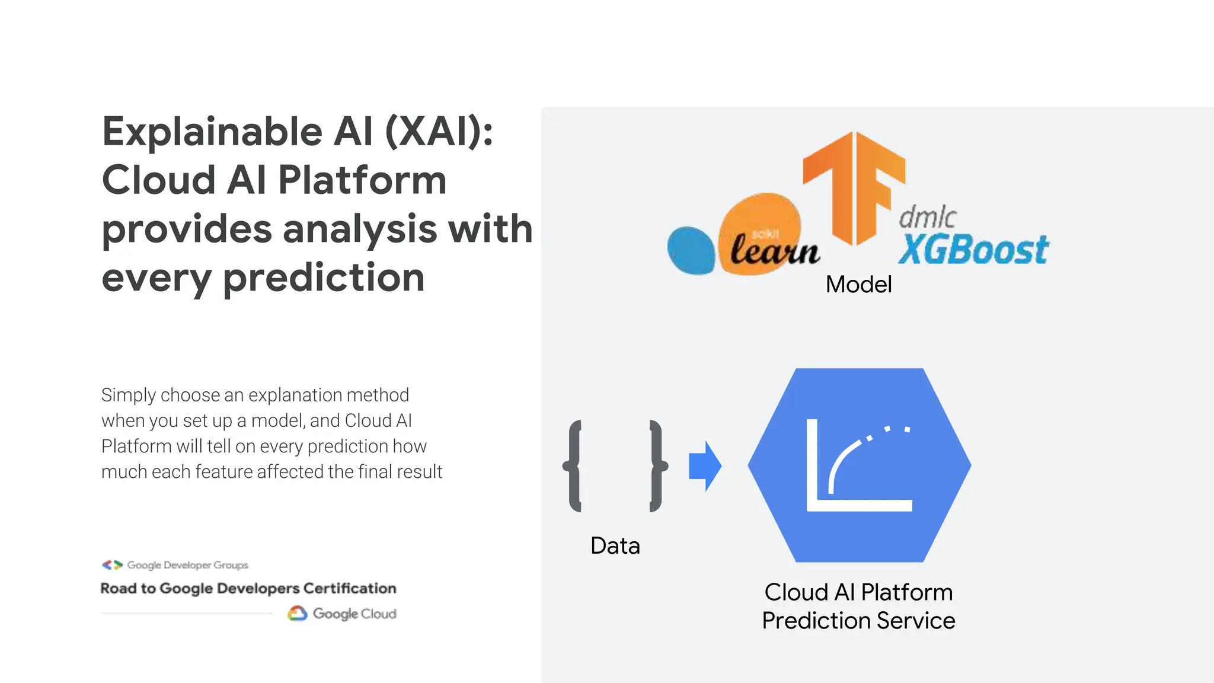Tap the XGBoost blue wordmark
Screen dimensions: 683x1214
973,250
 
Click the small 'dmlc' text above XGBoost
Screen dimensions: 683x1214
927,217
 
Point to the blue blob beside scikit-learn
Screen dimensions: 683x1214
691,250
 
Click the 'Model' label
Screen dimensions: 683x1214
858,285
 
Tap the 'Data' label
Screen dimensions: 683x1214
615,545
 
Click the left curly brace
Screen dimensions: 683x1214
573,466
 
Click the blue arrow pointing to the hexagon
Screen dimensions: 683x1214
705,466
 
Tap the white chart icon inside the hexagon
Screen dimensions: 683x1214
858,465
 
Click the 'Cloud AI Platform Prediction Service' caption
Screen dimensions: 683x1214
858,606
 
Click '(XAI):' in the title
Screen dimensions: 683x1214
439,132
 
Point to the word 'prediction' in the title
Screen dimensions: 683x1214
324,277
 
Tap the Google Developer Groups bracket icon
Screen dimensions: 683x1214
112,565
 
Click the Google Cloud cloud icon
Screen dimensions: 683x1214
298,614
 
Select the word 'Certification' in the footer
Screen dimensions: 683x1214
349,589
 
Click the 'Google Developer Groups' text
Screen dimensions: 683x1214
187,565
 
